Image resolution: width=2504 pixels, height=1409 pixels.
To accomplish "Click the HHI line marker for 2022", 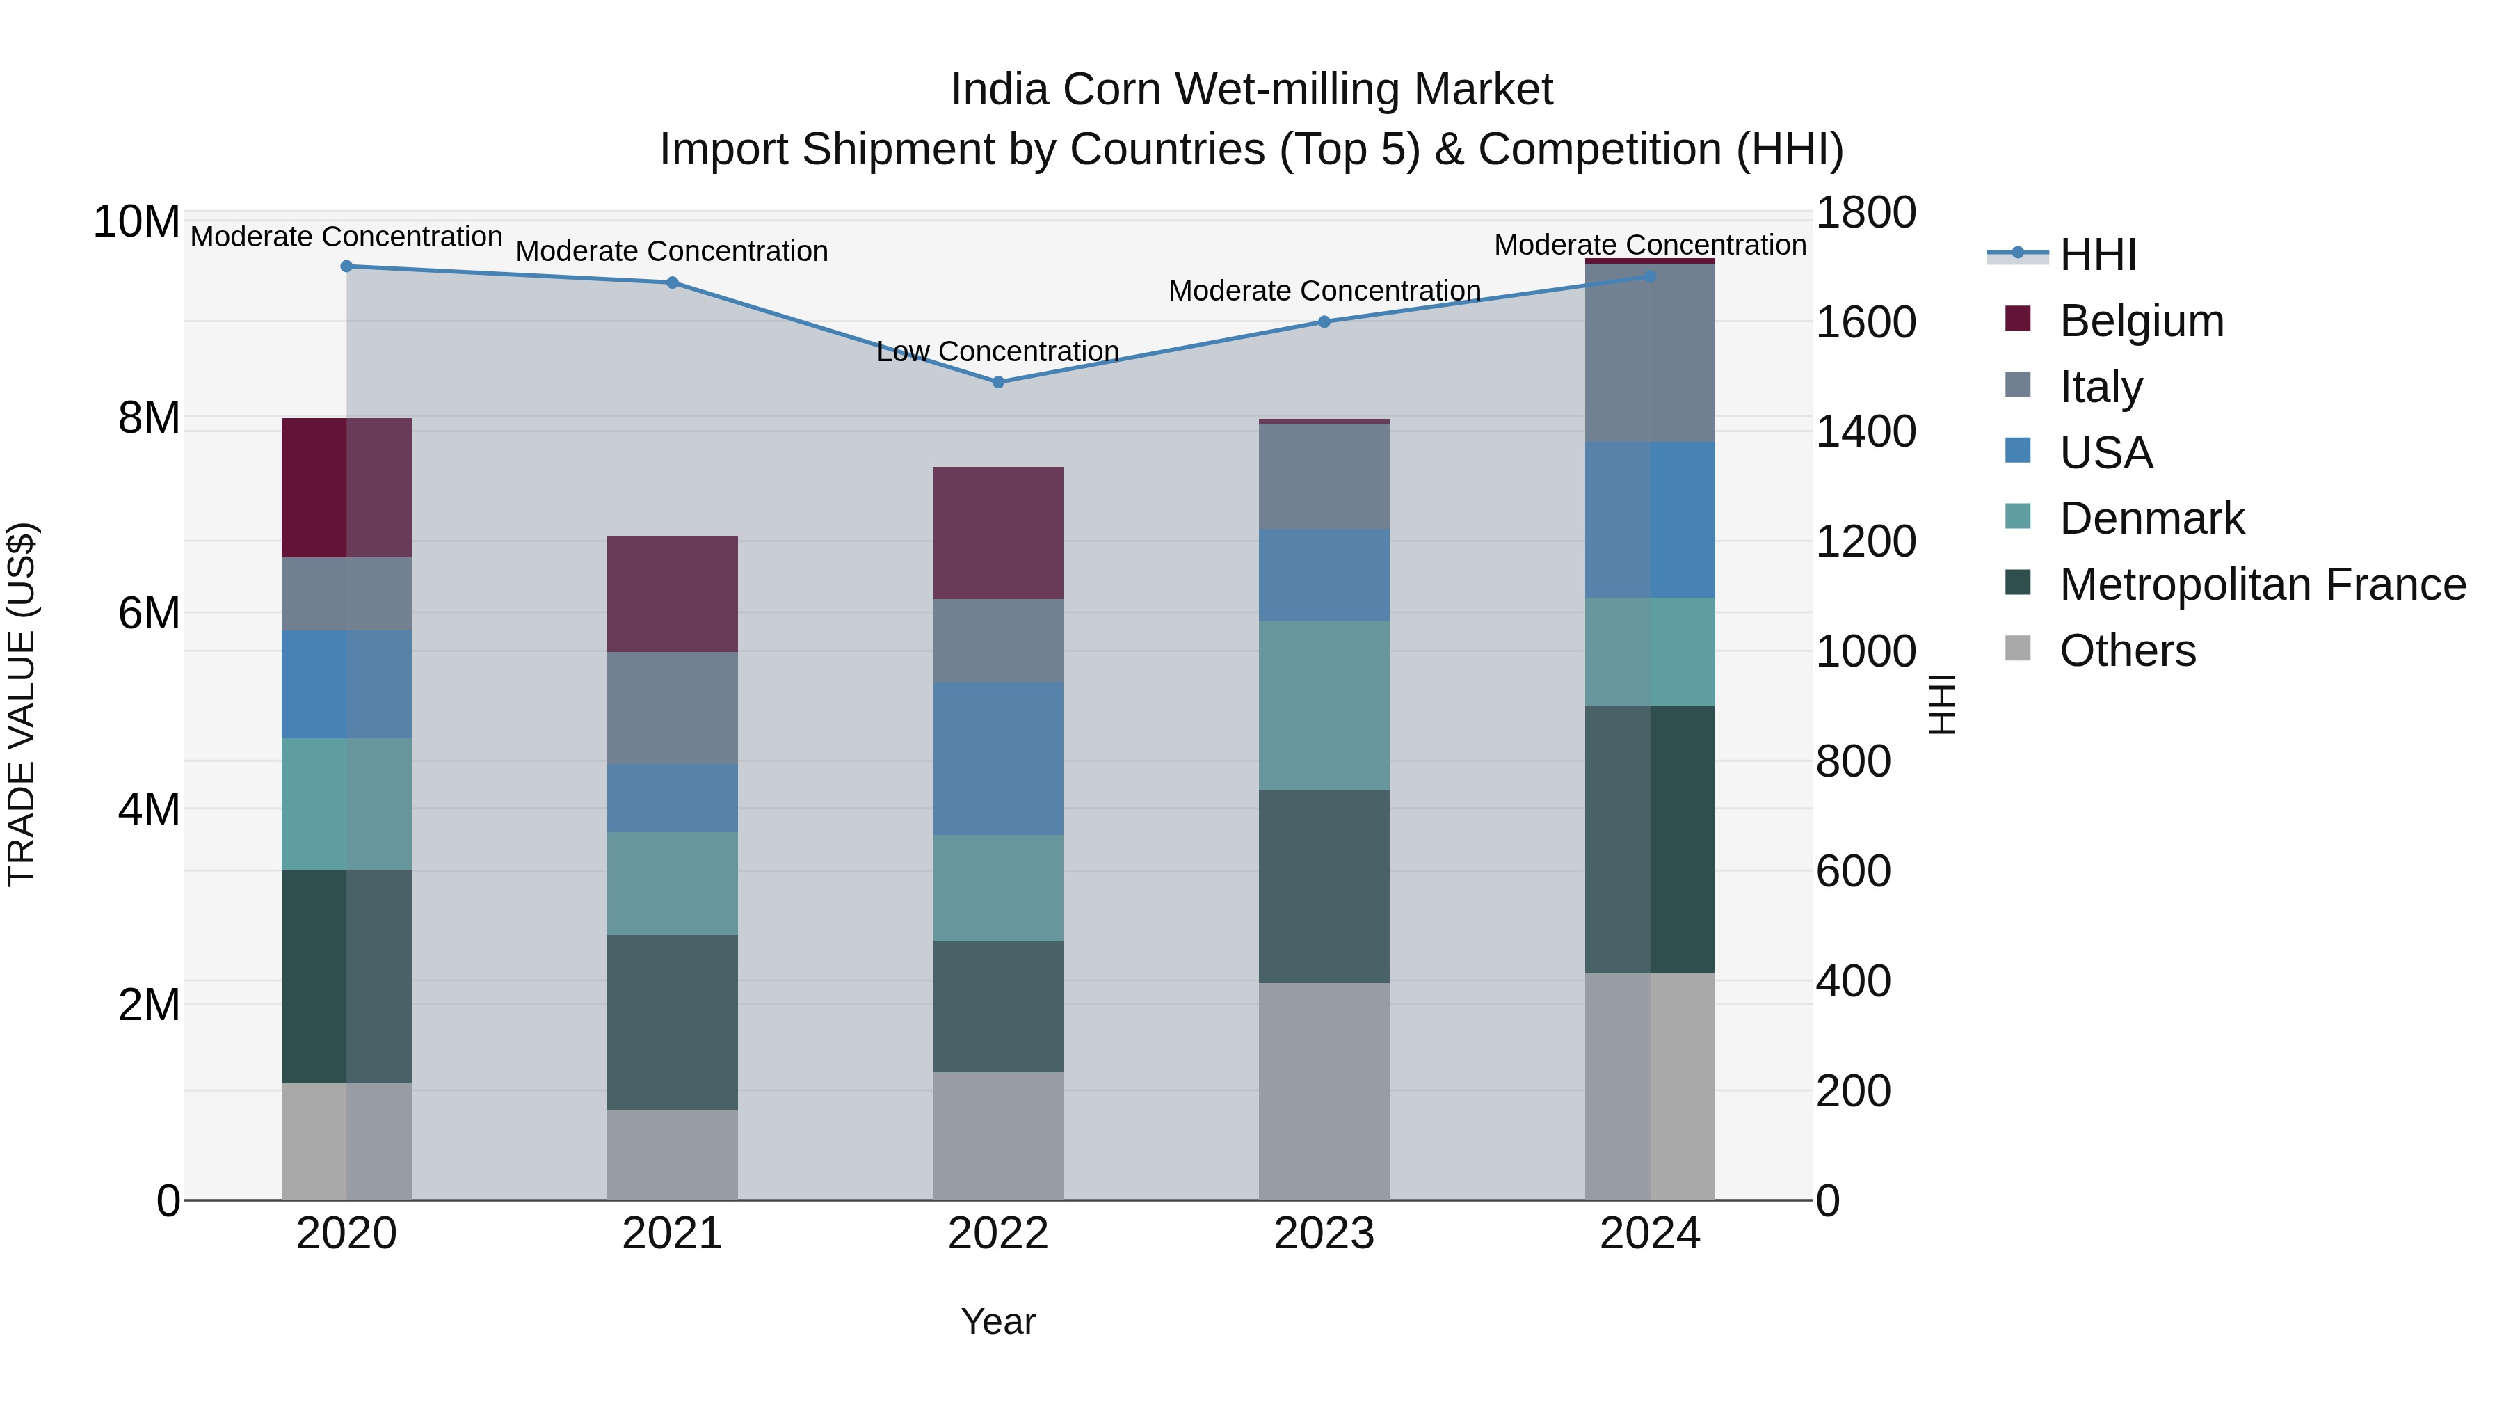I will pos(997,382).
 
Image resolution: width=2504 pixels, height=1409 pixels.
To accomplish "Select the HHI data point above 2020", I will pos(346,266).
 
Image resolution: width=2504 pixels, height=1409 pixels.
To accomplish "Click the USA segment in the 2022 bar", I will pos(997,758).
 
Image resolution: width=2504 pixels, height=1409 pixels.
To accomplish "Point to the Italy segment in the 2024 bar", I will pos(1650,353).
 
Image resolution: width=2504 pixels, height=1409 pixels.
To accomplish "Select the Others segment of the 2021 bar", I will pos(672,1154).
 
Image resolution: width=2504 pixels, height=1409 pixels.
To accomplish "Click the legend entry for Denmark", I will pos(2151,518).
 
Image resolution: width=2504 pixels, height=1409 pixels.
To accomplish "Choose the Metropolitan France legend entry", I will pos(2262,584).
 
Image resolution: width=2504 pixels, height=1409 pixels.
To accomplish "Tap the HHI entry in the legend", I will pos(2096,255).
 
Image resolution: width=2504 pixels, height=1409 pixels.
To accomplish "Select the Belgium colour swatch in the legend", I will pos(2018,319).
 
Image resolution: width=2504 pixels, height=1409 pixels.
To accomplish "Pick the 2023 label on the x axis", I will pos(1323,1234).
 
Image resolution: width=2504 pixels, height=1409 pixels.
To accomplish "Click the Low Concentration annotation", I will pos(997,351).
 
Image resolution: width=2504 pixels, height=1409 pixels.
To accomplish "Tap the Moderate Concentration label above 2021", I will pos(672,251).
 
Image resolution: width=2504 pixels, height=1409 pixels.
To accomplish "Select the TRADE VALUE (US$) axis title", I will pos(22,704).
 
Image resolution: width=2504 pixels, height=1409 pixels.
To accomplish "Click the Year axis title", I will pos(997,1321).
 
